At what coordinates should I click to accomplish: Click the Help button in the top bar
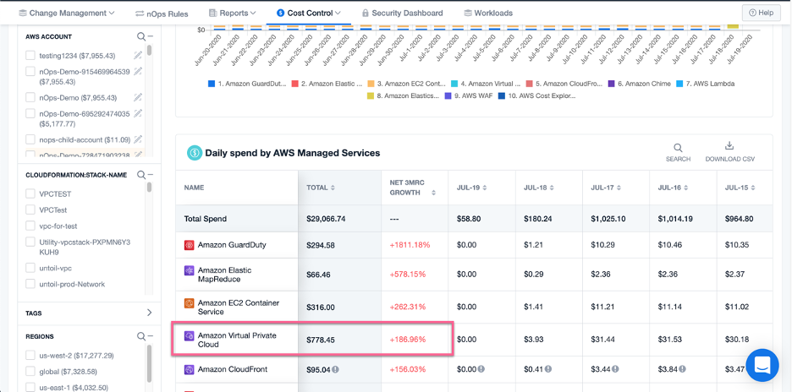[x=761, y=13]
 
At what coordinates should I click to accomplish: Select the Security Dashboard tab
[x=402, y=14]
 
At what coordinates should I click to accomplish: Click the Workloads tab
[x=489, y=14]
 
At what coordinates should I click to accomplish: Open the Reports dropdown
[x=232, y=14]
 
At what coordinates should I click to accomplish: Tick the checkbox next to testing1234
[x=30, y=55]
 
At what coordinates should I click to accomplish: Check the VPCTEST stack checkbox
[x=30, y=193]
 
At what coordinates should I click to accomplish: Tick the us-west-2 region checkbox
[x=30, y=356]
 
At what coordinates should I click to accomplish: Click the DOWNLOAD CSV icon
[x=729, y=147]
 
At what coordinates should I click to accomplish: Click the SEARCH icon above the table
[x=678, y=148]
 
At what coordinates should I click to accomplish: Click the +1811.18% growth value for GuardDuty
[x=411, y=245]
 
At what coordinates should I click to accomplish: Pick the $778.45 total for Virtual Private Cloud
[x=320, y=340]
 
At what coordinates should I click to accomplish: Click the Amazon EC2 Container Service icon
[x=190, y=302]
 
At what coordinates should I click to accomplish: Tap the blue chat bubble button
[x=762, y=365]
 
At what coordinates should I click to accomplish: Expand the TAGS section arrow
[x=150, y=313]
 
